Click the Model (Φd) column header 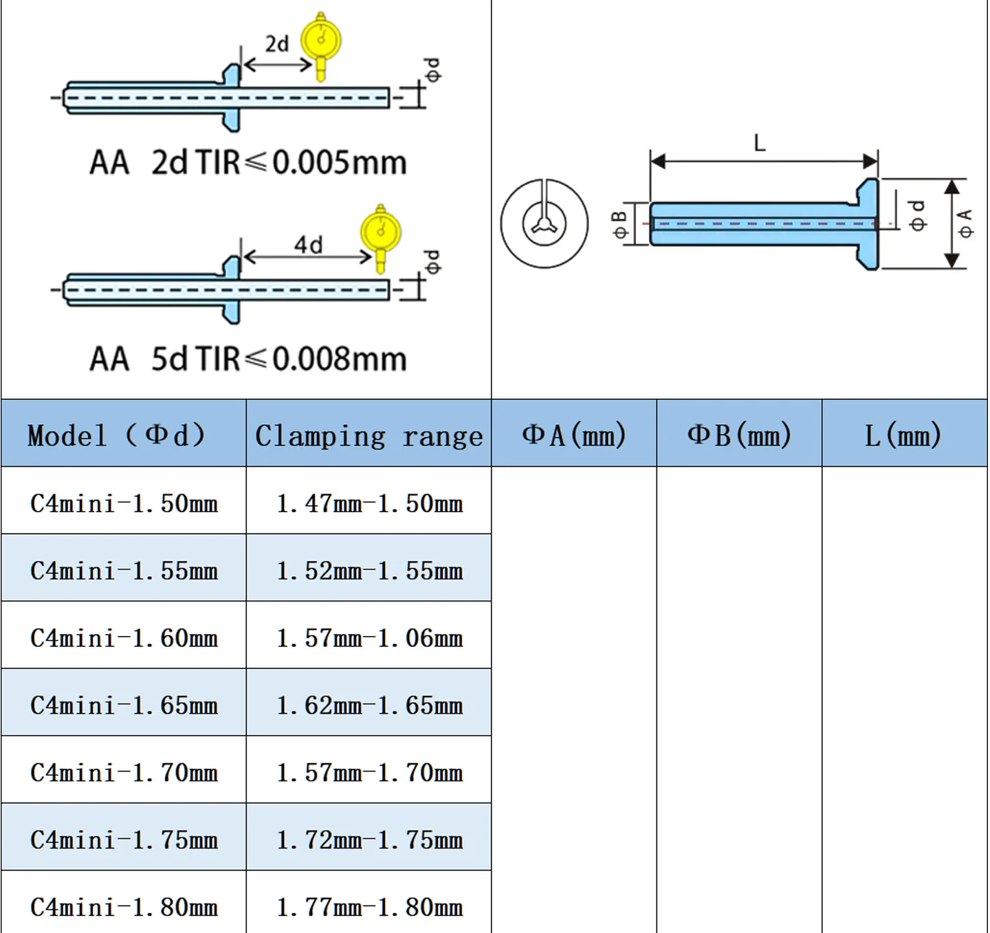116,435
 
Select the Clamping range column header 369,436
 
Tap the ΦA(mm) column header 574,435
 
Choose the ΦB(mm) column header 739,435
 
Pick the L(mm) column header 903,435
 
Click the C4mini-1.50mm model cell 124,504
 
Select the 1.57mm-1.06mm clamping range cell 369,638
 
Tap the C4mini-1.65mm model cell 124,705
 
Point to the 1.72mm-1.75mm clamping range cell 369,840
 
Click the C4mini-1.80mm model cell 124,908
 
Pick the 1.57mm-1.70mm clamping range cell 369,773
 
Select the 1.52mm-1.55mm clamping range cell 369,571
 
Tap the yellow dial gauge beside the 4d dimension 382,237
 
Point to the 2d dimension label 276,44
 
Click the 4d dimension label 308,245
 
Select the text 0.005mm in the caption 340,162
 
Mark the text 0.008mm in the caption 340,359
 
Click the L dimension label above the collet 760,143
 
